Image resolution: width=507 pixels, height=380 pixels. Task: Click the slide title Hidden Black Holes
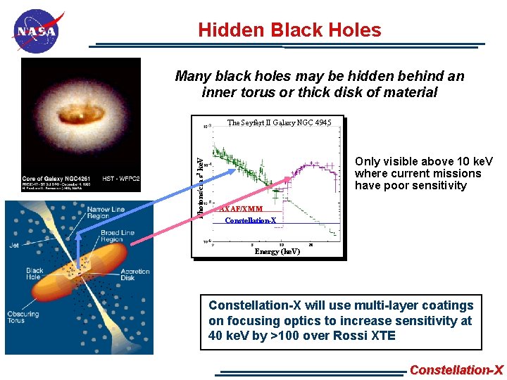pos(289,30)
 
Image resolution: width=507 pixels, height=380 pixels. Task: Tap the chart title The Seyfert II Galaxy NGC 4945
pos(279,123)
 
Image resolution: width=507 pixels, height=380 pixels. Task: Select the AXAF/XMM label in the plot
pos(242,209)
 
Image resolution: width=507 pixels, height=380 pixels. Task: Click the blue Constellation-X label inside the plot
pos(250,221)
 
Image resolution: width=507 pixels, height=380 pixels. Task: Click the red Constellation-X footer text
pos(456,370)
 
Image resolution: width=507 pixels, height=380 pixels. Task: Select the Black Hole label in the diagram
pos(35,274)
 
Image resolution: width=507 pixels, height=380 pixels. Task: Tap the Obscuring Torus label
pos(23,318)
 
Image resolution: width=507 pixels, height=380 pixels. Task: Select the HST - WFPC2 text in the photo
pos(121,179)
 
